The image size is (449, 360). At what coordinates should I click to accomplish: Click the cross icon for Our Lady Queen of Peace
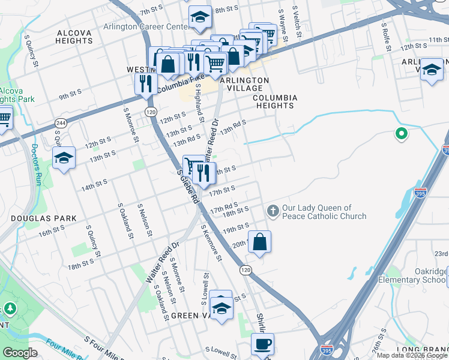(x=273, y=211)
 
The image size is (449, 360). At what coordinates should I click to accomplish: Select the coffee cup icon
(x=262, y=344)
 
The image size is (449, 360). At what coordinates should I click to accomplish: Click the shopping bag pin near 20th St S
(x=259, y=242)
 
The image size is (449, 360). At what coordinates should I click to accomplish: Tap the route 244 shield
(x=60, y=123)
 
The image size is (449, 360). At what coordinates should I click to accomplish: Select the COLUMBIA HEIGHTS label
(x=273, y=101)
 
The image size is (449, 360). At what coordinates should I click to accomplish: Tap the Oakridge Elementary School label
(x=412, y=275)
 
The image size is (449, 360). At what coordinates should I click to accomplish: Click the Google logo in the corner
(x=20, y=353)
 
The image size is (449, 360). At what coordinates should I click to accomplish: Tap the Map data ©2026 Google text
(x=412, y=355)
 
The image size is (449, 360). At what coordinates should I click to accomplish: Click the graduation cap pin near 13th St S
(x=64, y=158)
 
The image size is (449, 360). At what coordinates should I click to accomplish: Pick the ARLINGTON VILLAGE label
(x=244, y=84)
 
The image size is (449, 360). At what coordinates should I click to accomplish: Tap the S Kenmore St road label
(x=212, y=243)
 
